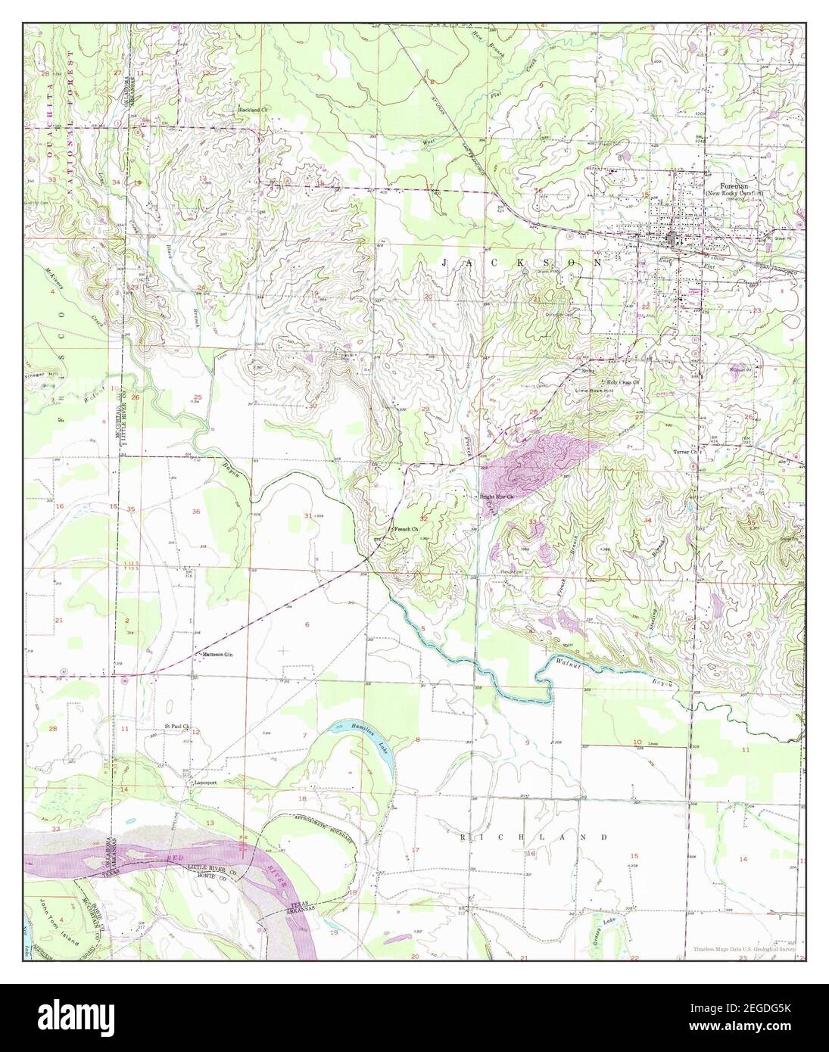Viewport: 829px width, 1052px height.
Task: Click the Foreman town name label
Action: [x=723, y=186]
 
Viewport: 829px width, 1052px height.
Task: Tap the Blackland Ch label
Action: [x=254, y=110]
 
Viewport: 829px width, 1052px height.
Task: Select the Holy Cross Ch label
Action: [x=622, y=382]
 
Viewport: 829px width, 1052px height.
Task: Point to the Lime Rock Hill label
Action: [x=593, y=391]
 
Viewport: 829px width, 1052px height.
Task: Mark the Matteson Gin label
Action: [x=217, y=655]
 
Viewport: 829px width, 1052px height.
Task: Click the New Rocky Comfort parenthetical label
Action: [x=734, y=195]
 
